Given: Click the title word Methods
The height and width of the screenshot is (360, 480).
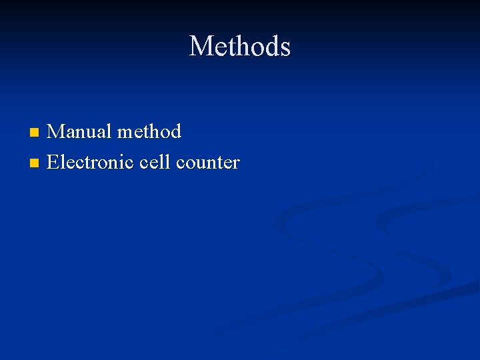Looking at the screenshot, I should click(240, 47).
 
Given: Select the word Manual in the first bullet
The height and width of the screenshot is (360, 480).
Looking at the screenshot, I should click(79, 131).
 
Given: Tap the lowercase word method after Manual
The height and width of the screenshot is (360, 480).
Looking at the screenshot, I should click(149, 131).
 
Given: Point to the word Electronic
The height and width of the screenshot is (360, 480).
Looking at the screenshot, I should click(91, 162).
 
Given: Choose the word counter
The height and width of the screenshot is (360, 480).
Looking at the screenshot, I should click(207, 162).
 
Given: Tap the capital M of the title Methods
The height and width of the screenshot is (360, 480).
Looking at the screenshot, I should click(201, 47).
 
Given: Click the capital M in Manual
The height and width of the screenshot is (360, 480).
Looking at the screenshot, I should click(57, 131).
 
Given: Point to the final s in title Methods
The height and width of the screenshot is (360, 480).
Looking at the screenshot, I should click(285, 48).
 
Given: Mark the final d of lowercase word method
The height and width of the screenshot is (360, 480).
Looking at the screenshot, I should click(175, 131).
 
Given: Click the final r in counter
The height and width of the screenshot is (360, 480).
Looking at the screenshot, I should click(236, 163).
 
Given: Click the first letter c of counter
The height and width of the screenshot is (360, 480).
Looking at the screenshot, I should click(180, 163).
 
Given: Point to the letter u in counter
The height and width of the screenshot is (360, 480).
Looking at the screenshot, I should click(201, 163).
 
